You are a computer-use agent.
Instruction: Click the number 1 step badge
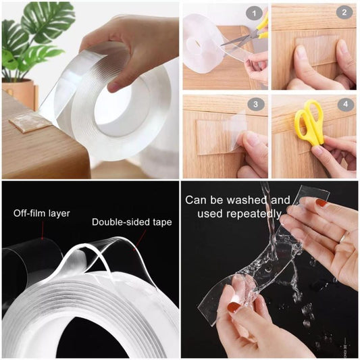[x=254, y=12]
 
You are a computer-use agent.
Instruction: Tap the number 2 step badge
[x=343, y=12]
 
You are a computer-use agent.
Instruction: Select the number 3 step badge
[x=254, y=104]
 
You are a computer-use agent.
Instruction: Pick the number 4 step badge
[x=343, y=105]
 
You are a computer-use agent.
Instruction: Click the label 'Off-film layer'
[x=41, y=213]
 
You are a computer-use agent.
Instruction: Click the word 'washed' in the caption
[x=255, y=201]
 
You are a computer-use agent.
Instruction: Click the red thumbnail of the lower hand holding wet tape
[x=233, y=307]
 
